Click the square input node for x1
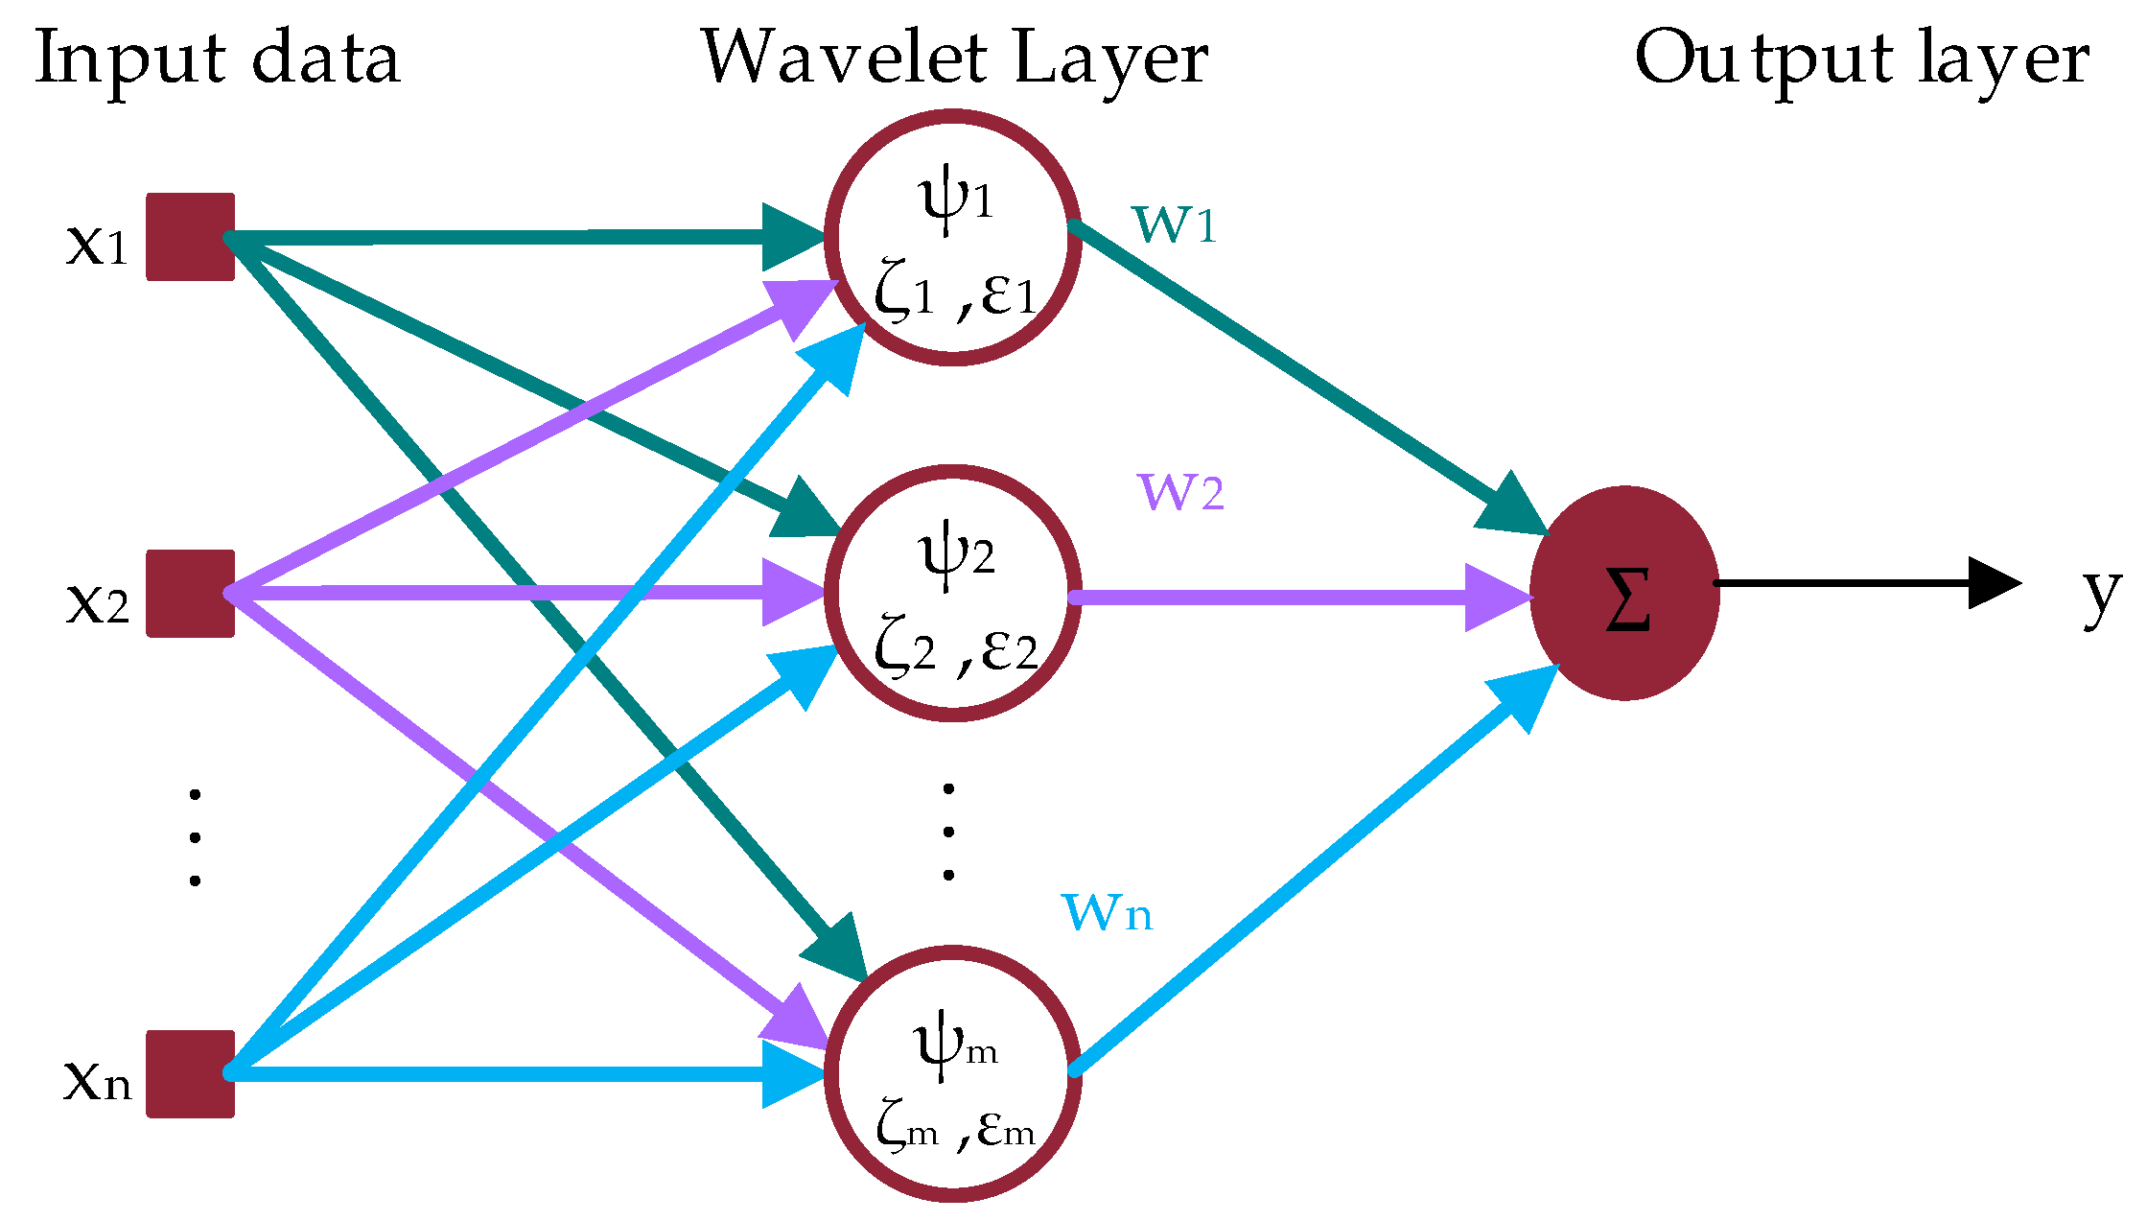[190, 237]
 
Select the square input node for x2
[190, 594]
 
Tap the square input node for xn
[190, 1074]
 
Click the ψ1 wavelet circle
[952, 238]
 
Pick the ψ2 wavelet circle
[952, 594]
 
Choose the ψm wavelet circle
[952, 1074]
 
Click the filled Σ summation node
[1624, 594]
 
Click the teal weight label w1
[1175, 224]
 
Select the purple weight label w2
[1180, 492]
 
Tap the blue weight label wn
[1107, 912]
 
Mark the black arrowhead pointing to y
[1993, 582]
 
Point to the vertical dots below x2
[195, 837]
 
